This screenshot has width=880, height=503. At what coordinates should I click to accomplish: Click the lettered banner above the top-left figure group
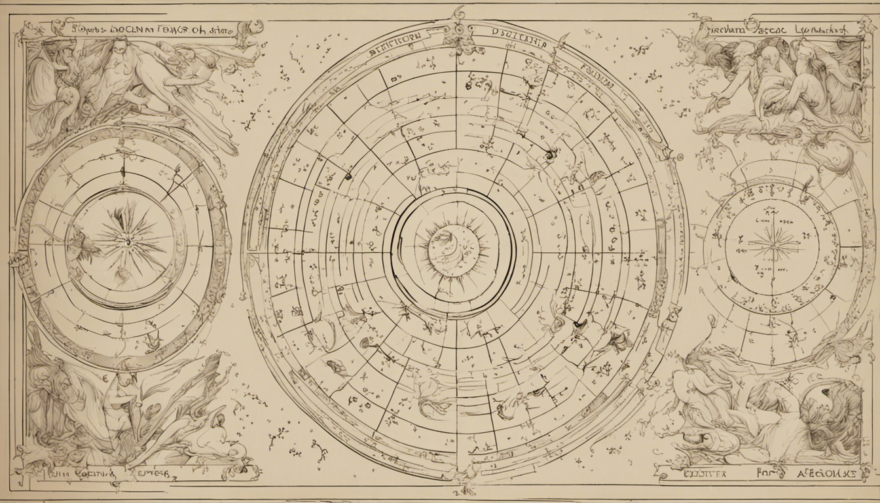point(137,29)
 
